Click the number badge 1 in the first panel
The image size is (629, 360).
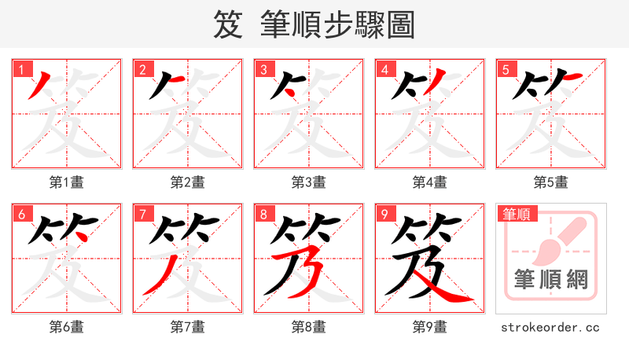coord(20,69)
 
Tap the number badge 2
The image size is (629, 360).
coord(142,69)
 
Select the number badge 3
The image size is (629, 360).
coord(263,69)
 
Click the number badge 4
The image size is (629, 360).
coord(384,69)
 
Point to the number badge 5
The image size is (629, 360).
coord(505,69)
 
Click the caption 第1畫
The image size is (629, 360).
coord(66,182)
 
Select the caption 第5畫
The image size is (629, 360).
coord(550,182)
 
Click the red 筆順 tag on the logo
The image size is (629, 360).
coord(516,214)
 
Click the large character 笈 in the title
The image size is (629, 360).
coord(228,25)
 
